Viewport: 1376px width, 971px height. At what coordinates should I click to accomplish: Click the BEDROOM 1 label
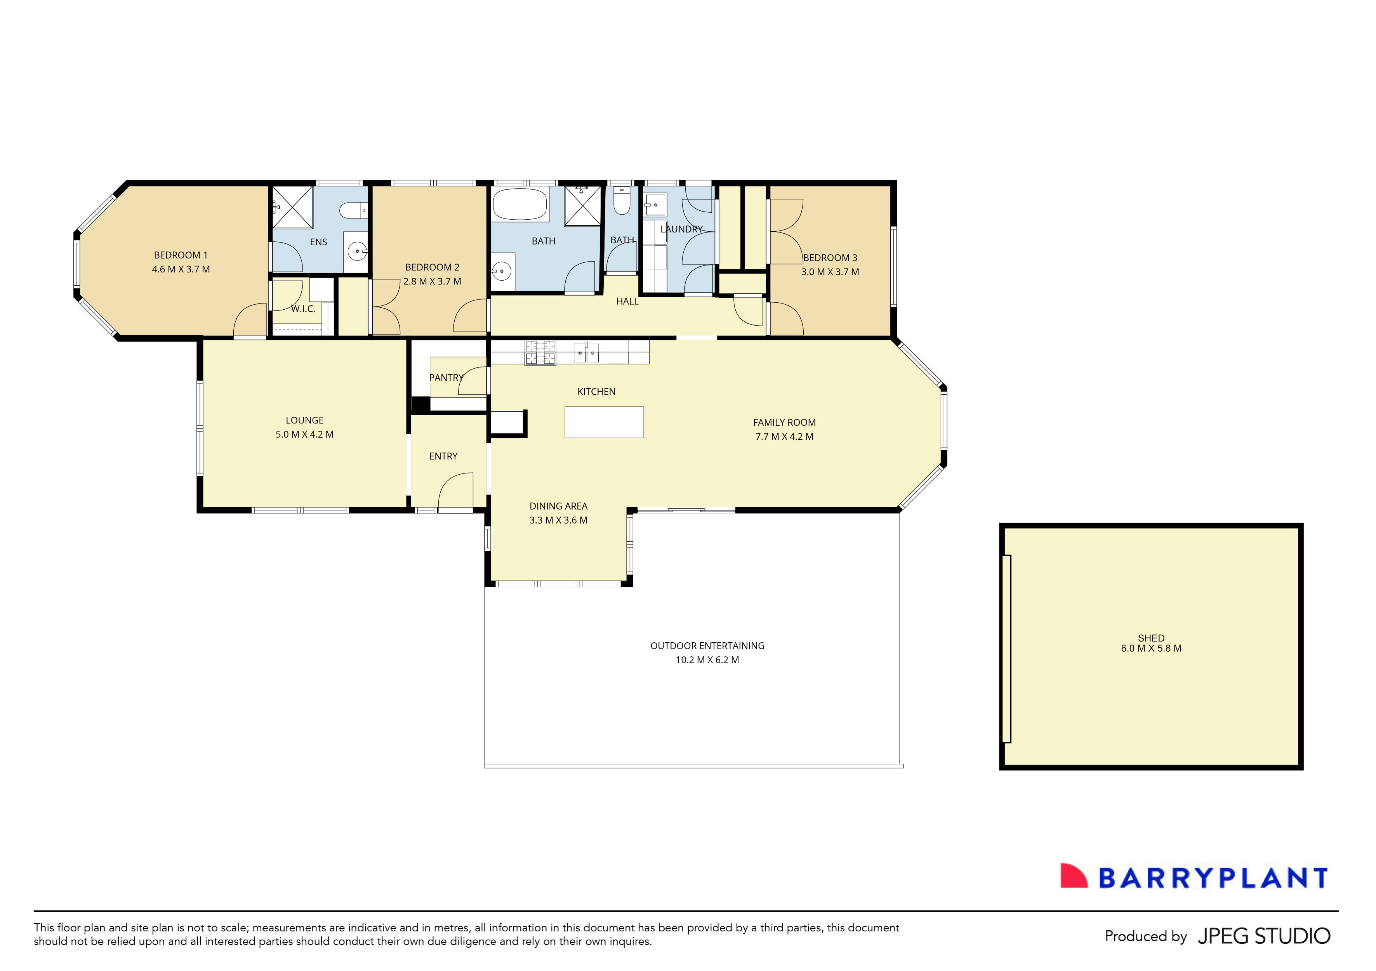(181, 255)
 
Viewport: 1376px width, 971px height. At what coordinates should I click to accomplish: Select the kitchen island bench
(604, 422)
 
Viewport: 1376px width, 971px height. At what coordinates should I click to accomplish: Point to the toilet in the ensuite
(353, 210)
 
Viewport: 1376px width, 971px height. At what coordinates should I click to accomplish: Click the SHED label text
(1151, 638)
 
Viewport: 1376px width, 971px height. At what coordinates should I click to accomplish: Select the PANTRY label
(446, 378)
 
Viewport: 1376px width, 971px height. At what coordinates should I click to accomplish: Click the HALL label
(627, 301)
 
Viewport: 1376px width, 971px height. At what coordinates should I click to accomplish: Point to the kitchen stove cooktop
(540, 353)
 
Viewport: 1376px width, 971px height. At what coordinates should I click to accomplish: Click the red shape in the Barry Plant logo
(1073, 876)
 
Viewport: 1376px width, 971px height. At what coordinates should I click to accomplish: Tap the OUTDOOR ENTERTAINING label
(707, 646)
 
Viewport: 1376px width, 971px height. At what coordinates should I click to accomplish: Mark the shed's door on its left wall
(1007, 649)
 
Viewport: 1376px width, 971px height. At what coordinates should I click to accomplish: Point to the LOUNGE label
(304, 421)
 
